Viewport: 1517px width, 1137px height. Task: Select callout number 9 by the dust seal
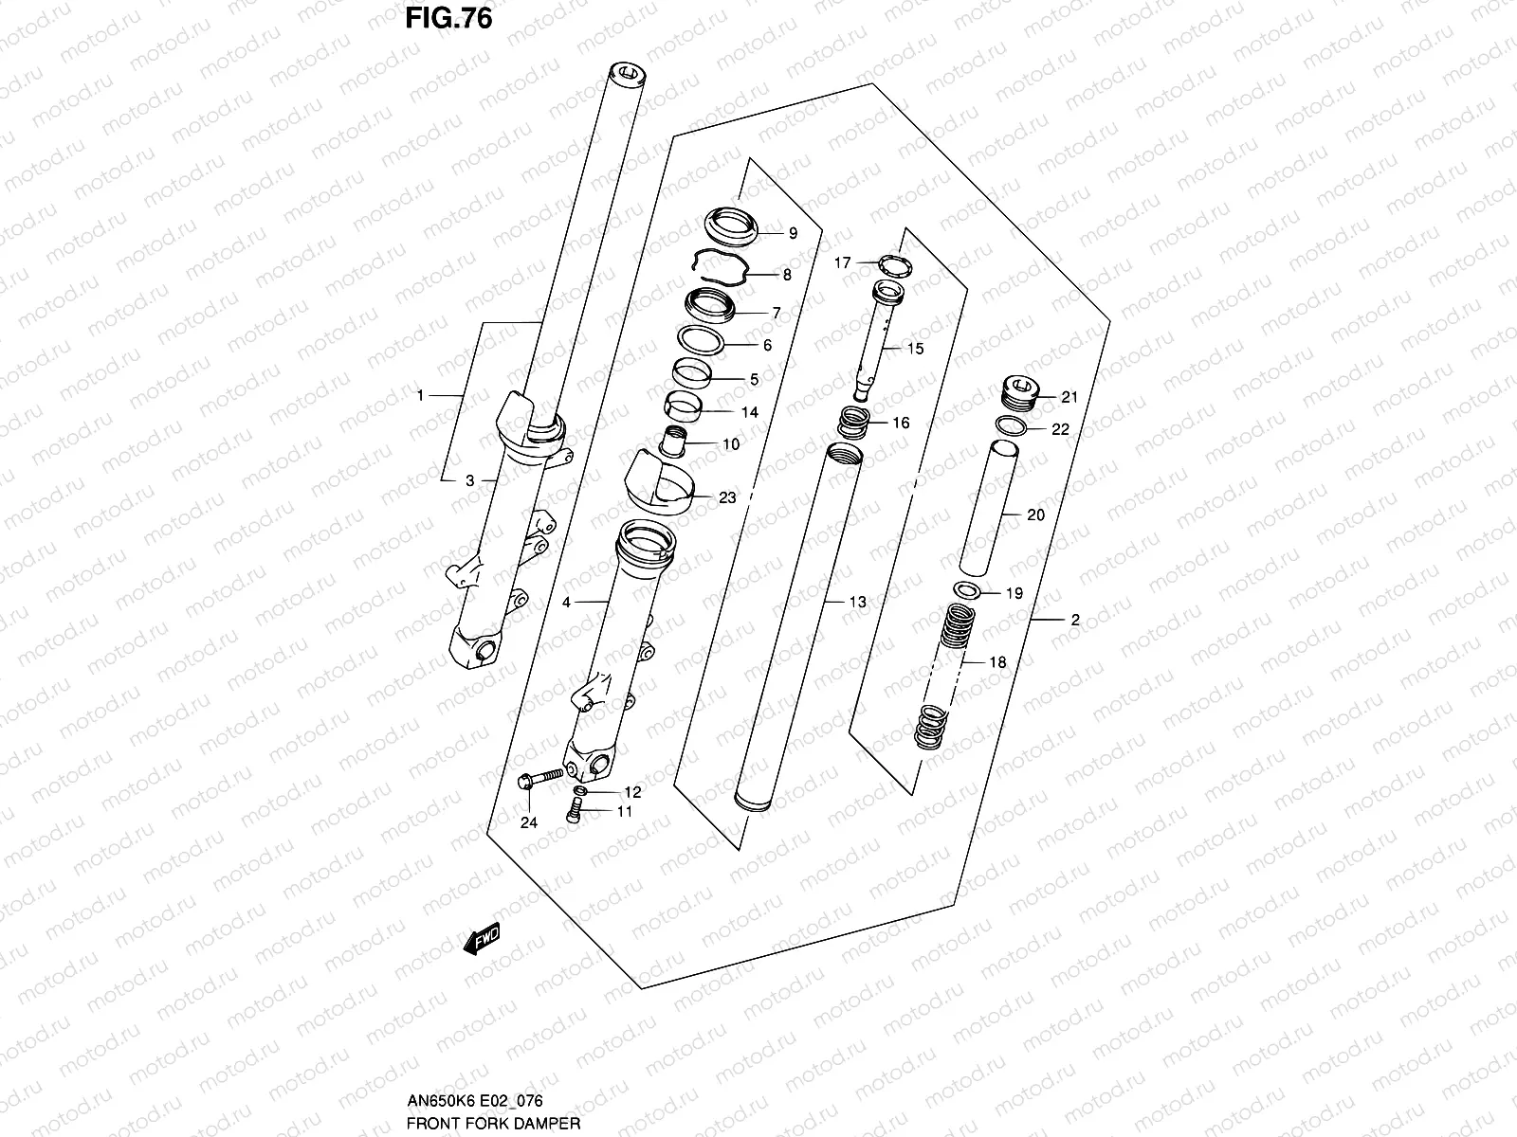pyautogui.click(x=793, y=233)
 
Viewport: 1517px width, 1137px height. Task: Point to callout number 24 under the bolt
pyautogui.click(x=528, y=822)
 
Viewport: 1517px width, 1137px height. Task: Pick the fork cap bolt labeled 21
pyautogui.click(x=1021, y=389)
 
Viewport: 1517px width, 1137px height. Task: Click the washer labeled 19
pyautogui.click(x=966, y=592)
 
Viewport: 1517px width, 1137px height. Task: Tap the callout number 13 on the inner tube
pyautogui.click(x=857, y=602)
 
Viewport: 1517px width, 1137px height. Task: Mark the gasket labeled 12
pyautogui.click(x=580, y=791)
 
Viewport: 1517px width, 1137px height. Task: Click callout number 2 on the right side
pyautogui.click(x=1075, y=621)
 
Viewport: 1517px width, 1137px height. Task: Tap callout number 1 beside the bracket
pyautogui.click(x=421, y=395)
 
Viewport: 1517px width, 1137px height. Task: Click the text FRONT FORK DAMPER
pyautogui.click(x=492, y=1124)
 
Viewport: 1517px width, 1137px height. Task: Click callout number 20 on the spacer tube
pyautogui.click(x=1035, y=514)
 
